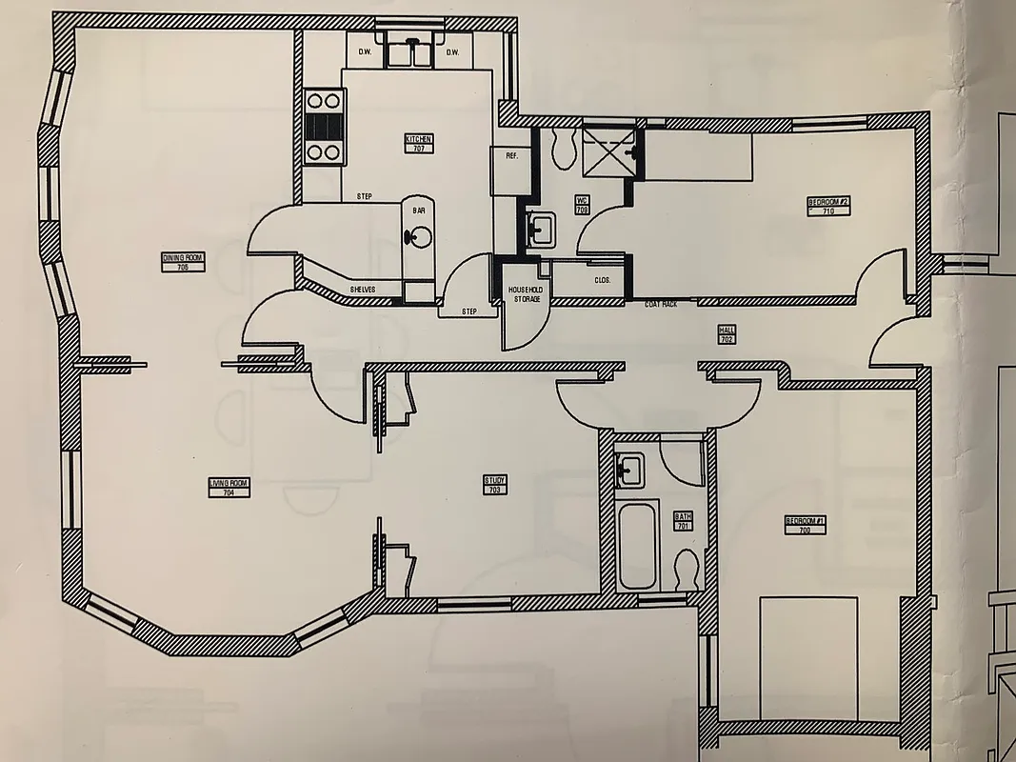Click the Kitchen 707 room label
(419, 144)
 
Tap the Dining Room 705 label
(183, 262)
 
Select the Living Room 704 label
(229, 488)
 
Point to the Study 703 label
(494, 485)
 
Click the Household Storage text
(524, 293)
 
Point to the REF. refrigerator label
(511, 155)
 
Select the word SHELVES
(362, 289)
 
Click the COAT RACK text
(660, 305)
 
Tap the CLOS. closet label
(602, 280)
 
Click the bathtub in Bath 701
(636, 545)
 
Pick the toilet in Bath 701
(684, 569)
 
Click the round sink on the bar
(416, 237)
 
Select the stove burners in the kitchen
(323, 126)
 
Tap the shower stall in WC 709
(608, 149)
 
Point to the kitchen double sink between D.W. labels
(410, 52)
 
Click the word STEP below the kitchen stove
(364, 196)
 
